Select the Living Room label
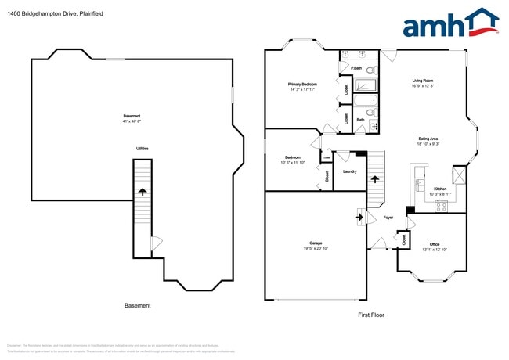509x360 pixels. (x=423, y=81)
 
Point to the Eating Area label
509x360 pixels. (x=428, y=139)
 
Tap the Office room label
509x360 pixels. (x=435, y=244)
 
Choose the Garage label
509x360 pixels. (x=316, y=243)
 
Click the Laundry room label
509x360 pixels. (x=350, y=171)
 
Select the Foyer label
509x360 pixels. (x=388, y=218)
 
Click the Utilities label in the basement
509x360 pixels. (x=143, y=148)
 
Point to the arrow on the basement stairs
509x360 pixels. (x=142, y=190)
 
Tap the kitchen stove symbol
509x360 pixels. (x=441, y=207)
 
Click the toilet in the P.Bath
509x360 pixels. (x=370, y=70)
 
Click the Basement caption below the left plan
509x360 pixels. (x=138, y=306)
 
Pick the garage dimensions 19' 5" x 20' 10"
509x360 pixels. (x=316, y=248)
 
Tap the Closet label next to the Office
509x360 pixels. (x=404, y=240)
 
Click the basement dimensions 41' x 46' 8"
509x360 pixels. (x=132, y=121)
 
